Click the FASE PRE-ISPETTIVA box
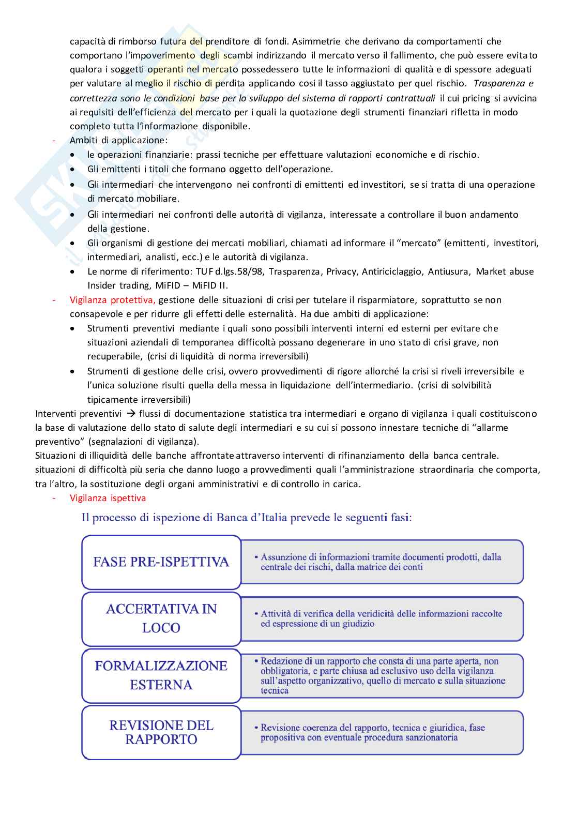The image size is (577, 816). tap(161, 562)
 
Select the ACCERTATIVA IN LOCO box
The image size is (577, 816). tap(161, 618)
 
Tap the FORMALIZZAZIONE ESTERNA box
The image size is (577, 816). tap(161, 675)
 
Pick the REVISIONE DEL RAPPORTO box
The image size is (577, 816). tap(161, 732)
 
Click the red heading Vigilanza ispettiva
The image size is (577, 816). tap(108, 498)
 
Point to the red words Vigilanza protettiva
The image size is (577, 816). tap(112, 300)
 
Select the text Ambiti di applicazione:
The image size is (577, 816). tap(119, 140)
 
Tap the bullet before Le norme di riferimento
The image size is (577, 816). tap(75, 272)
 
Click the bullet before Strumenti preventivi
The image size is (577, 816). tap(75, 329)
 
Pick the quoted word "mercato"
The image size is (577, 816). tap(421, 243)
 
